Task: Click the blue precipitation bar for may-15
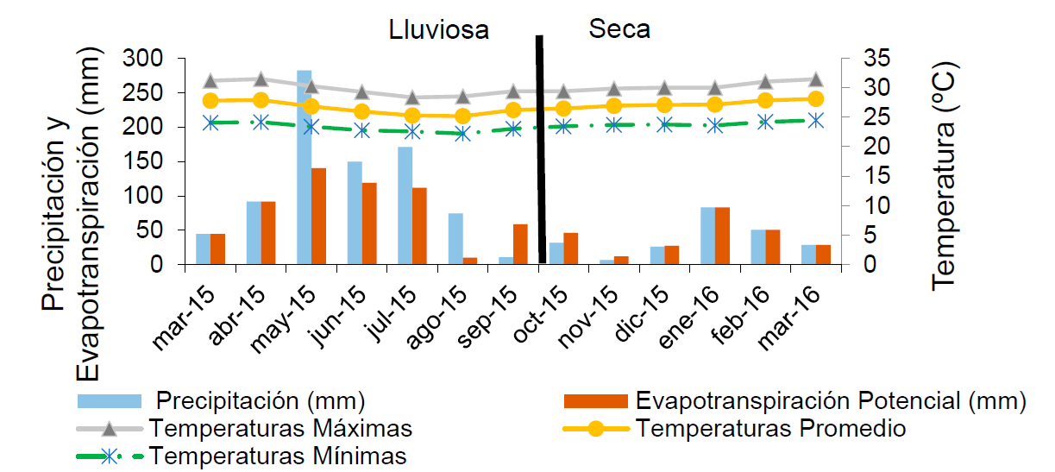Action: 304,167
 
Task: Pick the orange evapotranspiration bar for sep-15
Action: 520,244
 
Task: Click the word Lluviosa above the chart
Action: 438,30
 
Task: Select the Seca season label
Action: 619,29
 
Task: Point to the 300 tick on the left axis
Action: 144,59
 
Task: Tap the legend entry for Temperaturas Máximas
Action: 279,428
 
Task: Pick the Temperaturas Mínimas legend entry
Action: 276,455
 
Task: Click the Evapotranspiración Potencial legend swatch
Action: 595,401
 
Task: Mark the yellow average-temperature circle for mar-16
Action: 815,98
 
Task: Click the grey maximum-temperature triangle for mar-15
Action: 210,81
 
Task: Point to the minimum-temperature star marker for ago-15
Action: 462,134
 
